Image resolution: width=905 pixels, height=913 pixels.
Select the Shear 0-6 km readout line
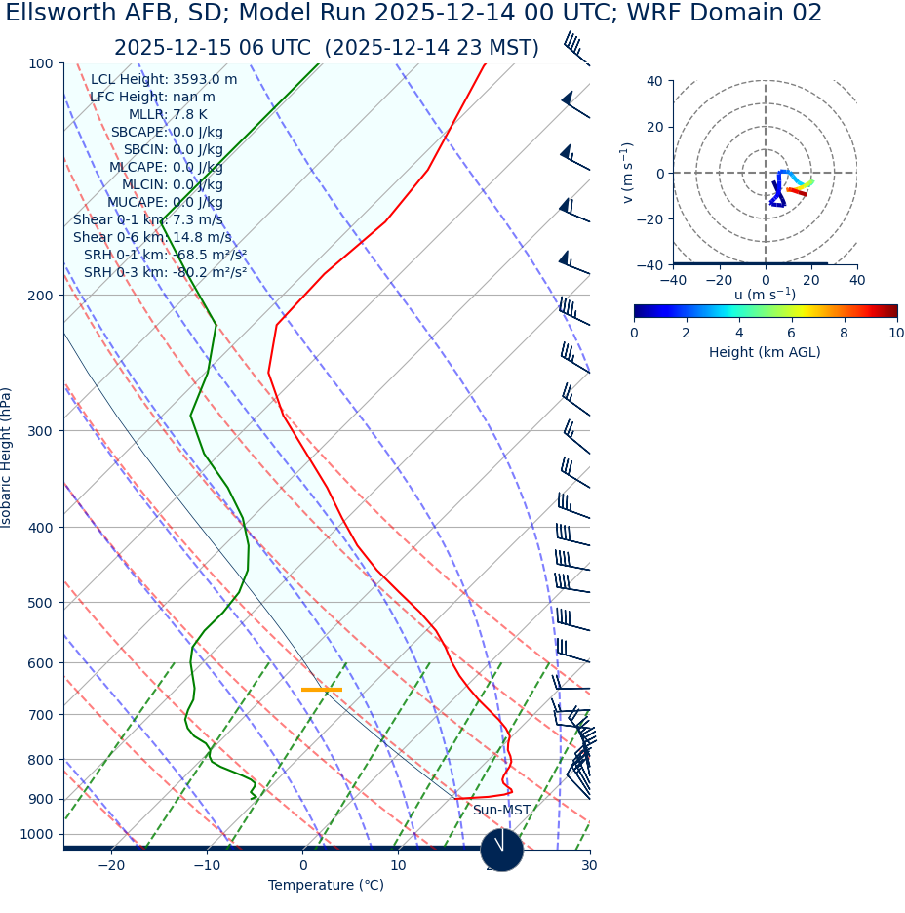pyautogui.click(x=152, y=237)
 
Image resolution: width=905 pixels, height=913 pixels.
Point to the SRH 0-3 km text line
pyautogui.click(x=165, y=272)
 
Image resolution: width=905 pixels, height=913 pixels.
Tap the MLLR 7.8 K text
pyautogui.click(x=168, y=114)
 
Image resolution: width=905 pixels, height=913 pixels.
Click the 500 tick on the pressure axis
pyautogui.click(x=40, y=603)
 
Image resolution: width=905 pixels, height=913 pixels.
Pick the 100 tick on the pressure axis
pyautogui.click(x=40, y=63)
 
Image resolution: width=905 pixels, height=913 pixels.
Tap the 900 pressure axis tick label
pyautogui.click(x=40, y=799)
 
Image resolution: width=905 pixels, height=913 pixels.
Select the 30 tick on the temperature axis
pyautogui.click(x=589, y=865)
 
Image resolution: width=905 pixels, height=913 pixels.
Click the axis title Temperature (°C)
pyautogui.click(x=326, y=885)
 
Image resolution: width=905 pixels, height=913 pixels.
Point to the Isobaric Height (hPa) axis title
pyautogui.click(x=7, y=457)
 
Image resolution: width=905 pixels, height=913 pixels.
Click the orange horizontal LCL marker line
pyautogui.click(x=322, y=690)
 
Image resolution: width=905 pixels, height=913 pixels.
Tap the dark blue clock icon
pyautogui.click(x=502, y=850)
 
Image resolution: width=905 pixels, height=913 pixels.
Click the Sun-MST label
pyautogui.click(x=501, y=811)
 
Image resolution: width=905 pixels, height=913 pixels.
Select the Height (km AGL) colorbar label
pyautogui.click(x=765, y=352)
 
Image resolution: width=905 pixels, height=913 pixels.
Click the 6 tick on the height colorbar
pyautogui.click(x=792, y=333)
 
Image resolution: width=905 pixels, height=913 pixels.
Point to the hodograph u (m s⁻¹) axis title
pyautogui.click(x=765, y=295)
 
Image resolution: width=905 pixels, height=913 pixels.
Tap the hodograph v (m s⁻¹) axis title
pyautogui.click(x=628, y=173)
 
